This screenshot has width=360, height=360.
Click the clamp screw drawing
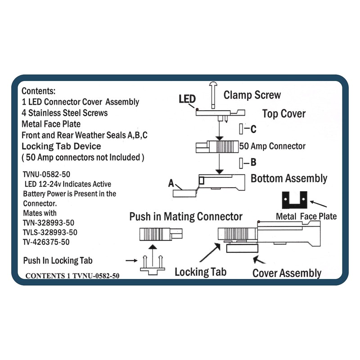[213, 95]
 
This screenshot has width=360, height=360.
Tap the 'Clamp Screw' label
[252, 95]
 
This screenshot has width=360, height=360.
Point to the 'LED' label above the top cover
[187, 99]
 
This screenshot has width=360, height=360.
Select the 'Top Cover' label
[284, 114]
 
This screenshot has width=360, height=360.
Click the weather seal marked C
[241, 129]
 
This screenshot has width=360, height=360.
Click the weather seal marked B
[241, 163]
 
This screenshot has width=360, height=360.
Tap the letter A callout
[171, 183]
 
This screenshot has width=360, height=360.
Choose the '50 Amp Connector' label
[272, 146]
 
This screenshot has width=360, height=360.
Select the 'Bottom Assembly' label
[289, 178]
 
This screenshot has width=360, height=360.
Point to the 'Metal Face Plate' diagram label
[306, 216]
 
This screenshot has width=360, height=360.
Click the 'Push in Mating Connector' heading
[186, 216]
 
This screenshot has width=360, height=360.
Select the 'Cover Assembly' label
[287, 273]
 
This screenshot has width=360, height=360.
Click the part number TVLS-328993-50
[50, 232]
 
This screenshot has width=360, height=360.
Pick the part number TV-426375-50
[46, 242]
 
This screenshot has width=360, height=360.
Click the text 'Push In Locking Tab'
[58, 261]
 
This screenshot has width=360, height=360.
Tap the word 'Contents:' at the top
[39, 91]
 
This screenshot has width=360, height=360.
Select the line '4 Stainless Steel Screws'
[64, 113]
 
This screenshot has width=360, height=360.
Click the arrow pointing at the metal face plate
[319, 204]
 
